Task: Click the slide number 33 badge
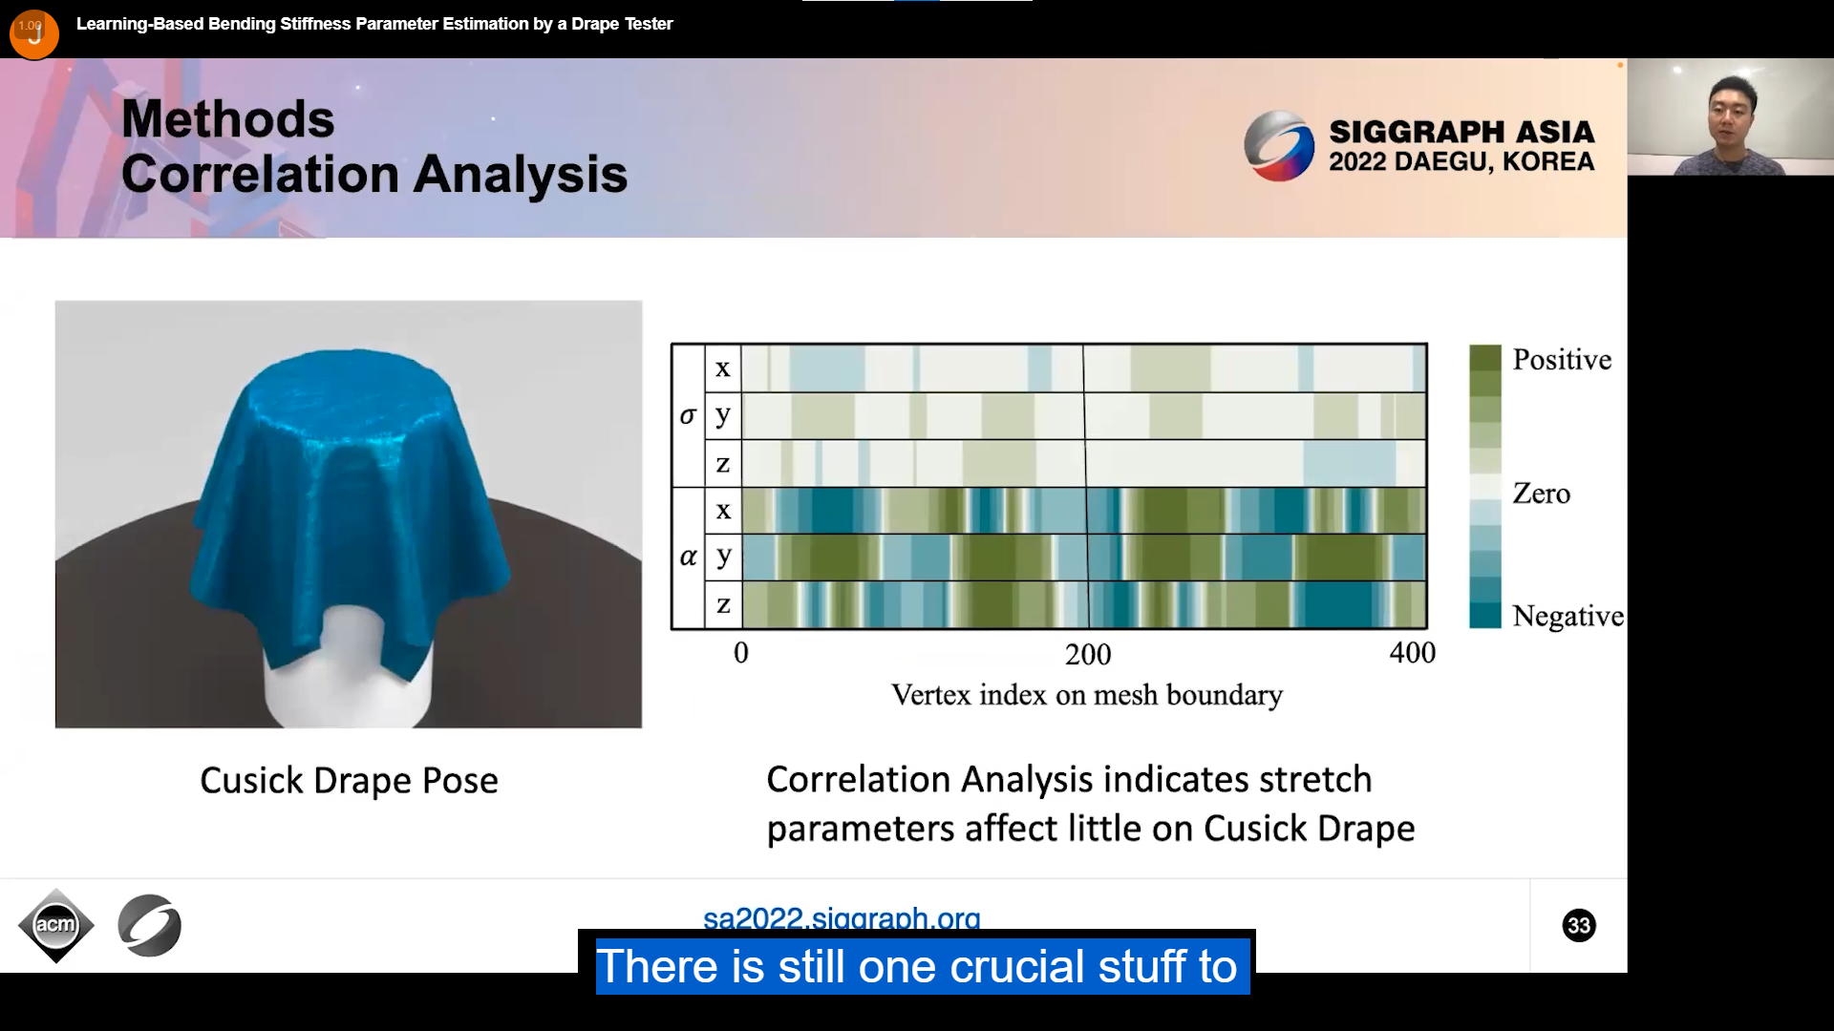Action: pos(1579,925)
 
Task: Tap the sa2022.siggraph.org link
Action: pos(842,917)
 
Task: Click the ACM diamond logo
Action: pos(55,925)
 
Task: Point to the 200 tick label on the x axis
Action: pos(1088,655)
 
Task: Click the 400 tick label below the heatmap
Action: pos(1413,653)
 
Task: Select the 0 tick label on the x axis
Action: pos(741,653)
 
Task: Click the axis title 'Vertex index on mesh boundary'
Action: pos(1087,695)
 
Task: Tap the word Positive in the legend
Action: pos(1562,360)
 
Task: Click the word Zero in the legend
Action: pos(1541,494)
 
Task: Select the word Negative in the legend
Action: pos(1567,617)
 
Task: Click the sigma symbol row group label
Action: pos(688,416)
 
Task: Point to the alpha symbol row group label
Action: pos(688,558)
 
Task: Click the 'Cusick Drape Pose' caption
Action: pos(349,781)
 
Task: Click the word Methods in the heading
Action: pos(228,119)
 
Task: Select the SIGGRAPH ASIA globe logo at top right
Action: pos(1279,146)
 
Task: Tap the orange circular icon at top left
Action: pos(34,34)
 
